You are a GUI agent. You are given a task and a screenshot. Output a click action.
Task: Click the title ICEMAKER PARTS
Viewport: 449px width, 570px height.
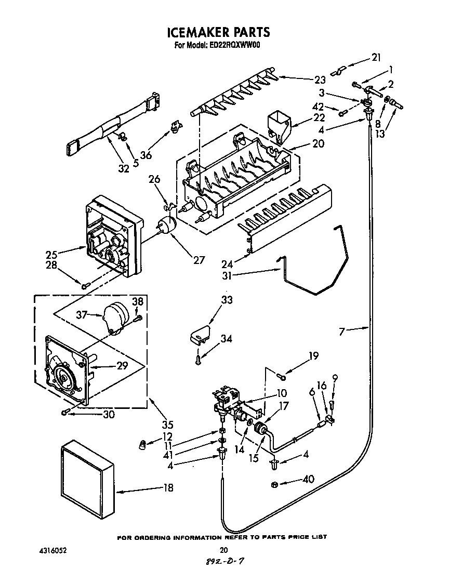pyautogui.click(x=218, y=32)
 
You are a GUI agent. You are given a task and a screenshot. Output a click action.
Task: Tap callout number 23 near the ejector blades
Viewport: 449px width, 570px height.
pyautogui.click(x=320, y=79)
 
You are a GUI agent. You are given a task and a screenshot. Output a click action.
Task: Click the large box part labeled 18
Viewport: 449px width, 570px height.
pyautogui.click(x=87, y=476)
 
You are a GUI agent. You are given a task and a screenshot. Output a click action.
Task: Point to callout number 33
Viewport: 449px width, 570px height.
pyautogui.click(x=227, y=300)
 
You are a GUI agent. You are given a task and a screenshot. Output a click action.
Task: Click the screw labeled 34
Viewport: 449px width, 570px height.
pyautogui.click(x=197, y=358)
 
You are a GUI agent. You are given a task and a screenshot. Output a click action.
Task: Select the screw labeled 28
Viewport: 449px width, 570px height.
pyautogui.click(x=85, y=284)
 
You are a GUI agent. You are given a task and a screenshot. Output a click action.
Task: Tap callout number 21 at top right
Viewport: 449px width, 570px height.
pyautogui.click(x=376, y=57)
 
